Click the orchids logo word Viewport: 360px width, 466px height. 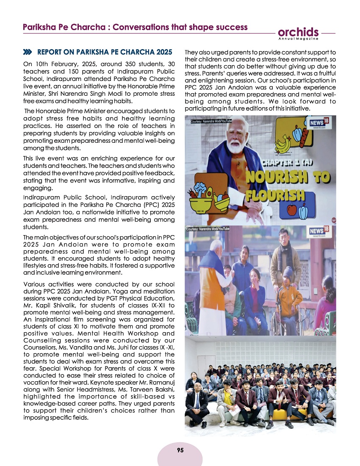(x=298, y=32)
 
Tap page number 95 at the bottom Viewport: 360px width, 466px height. (x=180, y=450)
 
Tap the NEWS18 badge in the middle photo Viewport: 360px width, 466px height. (x=321, y=232)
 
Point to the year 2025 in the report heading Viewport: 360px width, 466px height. (x=161, y=53)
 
